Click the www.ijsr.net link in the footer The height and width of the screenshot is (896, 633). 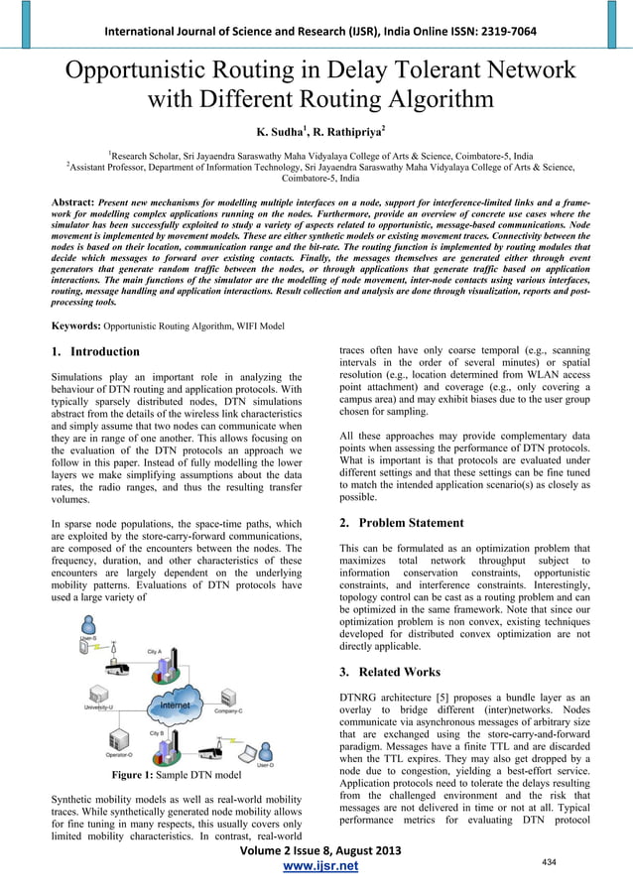click(316, 867)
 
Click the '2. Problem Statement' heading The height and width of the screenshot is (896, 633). click(401, 523)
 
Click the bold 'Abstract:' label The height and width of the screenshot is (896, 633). click(73, 201)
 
